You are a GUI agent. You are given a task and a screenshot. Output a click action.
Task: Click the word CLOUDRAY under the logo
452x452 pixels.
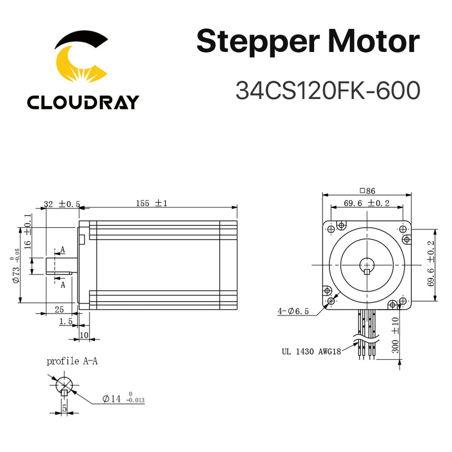pos(82,102)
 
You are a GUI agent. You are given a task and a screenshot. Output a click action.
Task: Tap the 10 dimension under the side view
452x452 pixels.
pos(84,335)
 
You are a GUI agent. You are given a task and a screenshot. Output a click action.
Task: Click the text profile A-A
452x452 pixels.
pos(72,361)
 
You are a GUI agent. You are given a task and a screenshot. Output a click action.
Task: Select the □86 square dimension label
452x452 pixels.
pos(367,191)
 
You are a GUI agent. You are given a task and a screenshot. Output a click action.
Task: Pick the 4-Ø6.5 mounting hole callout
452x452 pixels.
pos(293,311)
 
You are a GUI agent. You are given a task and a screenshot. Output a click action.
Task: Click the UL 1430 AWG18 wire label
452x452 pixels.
pos(310,350)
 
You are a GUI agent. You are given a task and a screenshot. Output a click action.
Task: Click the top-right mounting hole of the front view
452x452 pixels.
pos(402,229)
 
